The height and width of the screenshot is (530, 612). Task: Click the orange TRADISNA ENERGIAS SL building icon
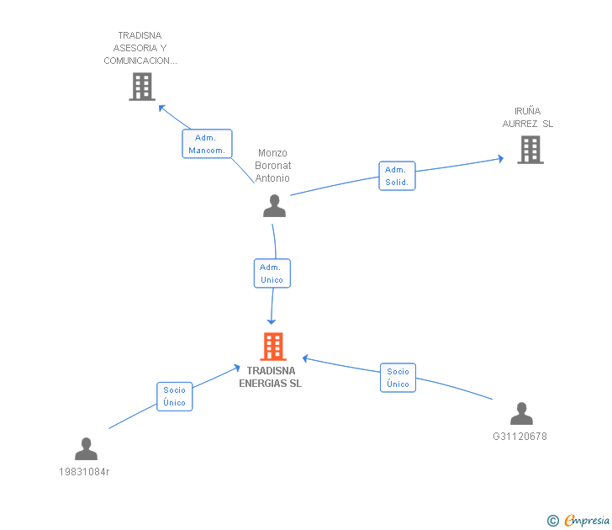point(273,347)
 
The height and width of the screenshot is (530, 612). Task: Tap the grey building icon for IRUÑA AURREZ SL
point(530,149)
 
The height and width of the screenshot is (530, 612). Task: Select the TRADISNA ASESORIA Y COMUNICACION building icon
point(142,86)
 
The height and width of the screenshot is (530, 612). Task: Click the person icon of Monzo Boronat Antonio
point(274,206)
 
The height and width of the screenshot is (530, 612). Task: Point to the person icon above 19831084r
point(86,449)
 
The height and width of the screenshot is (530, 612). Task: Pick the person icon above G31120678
point(521,414)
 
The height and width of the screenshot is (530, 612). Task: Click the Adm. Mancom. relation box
point(207,144)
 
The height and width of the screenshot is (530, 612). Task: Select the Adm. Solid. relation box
point(396,176)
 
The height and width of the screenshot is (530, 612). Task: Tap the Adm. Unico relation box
point(272,273)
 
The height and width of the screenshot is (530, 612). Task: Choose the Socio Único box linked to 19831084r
point(174,396)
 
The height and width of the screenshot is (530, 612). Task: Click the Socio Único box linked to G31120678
point(398,378)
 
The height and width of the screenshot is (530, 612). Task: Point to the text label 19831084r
point(84,471)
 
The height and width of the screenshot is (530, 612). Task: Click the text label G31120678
point(520,437)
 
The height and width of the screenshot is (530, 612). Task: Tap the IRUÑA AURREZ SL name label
point(528,118)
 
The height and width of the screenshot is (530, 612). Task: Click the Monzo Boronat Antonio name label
point(273,166)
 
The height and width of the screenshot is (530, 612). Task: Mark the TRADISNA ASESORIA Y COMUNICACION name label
point(140,49)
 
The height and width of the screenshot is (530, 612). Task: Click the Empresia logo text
point(586,521)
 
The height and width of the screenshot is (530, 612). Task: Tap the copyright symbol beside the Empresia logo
point(552,521)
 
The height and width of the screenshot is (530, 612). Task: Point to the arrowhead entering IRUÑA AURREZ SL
point(500,157)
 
